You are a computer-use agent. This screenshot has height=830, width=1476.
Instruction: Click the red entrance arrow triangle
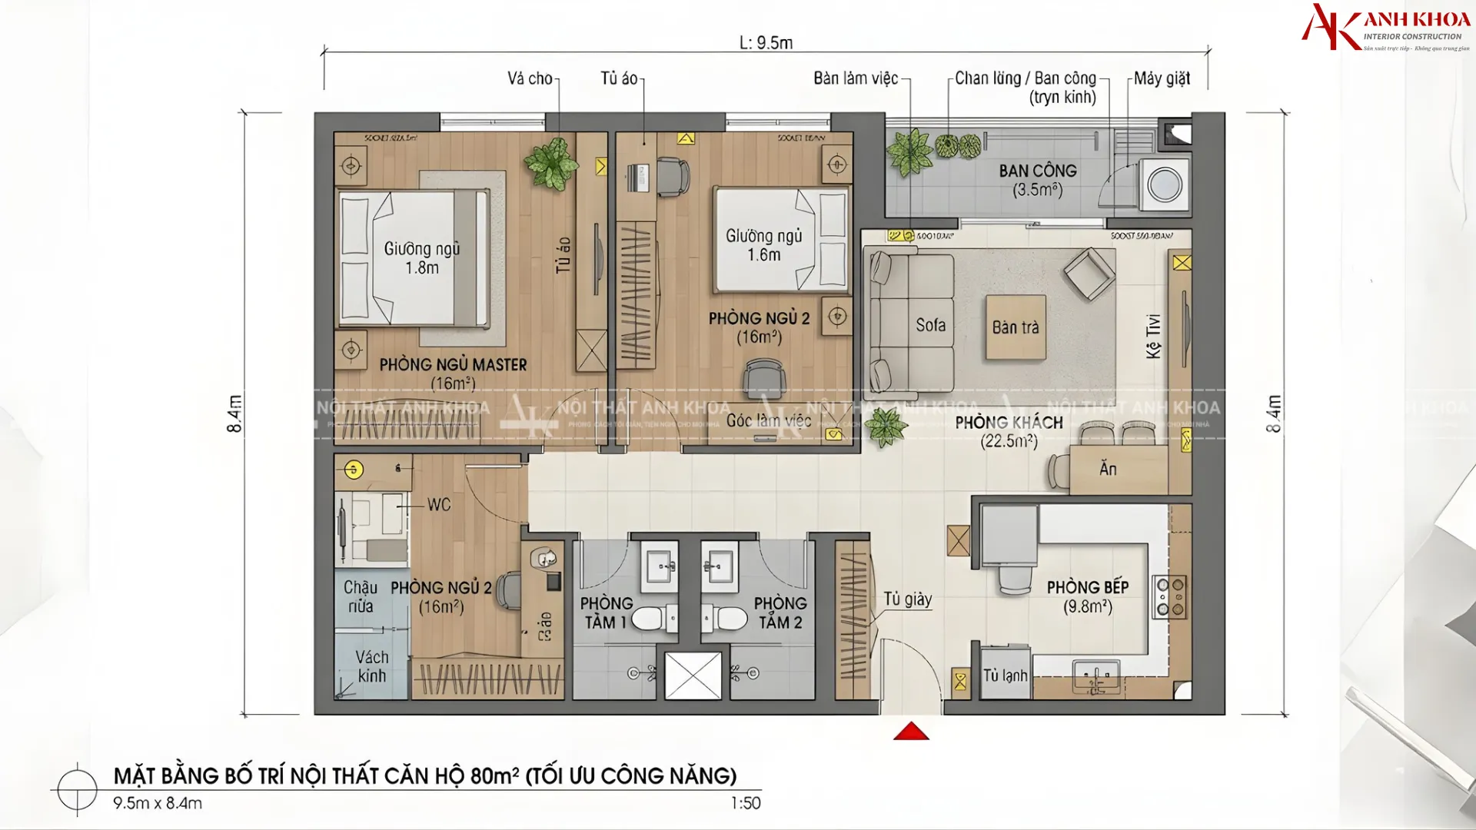tap(911, 732)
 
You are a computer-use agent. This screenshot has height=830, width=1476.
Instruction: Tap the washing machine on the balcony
tap(1164, 185)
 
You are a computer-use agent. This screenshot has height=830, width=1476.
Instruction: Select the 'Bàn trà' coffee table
tap(1016, 327)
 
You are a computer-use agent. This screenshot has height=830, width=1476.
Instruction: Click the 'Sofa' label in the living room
tap(930, 325)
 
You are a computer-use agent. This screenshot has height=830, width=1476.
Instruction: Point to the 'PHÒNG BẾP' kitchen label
tap(1087, 588)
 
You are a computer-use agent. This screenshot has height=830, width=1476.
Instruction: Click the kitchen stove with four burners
tap(1169, 597)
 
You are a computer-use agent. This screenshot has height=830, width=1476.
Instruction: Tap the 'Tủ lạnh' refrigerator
tap(1005, 676)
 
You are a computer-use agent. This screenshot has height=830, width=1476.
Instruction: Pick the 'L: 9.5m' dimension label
tap(766, 43)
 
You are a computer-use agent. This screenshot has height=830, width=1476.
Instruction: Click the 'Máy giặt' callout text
tap(1162, 78)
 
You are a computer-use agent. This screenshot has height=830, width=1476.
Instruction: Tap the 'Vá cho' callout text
tap(530, 78)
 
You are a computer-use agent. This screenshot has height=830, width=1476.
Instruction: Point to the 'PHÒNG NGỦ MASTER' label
tap(453, 365)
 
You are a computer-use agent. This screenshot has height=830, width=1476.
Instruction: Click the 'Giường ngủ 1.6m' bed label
tap(763, 245)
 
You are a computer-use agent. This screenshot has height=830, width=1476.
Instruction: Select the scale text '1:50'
tap(745, 803)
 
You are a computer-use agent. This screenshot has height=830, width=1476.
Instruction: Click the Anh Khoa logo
tap(1385, 28)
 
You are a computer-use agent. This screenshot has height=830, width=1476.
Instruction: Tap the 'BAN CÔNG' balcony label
tap(1038, 171)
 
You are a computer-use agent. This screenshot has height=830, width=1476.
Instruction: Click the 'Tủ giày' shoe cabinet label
tap(907, 599)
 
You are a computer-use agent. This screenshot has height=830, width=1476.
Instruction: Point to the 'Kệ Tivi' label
tap(1152, 336)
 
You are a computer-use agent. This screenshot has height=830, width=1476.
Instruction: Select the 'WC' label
tap(439, 505)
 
